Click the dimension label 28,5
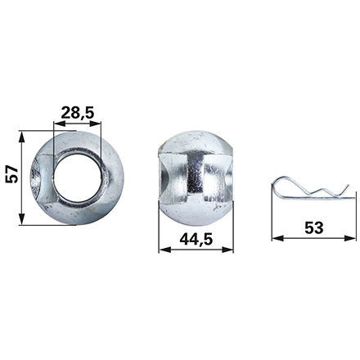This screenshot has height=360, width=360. click(x=78, y=113)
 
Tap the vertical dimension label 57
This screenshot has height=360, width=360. click(x=12, y=174)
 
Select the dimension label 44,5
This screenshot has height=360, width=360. click(x=196, y=240)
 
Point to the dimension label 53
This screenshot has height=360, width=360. click(x=314, y=227)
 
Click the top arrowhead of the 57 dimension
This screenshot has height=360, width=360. click(x=21, y=137)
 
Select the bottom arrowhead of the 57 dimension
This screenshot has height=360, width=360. click(x=21, y=219)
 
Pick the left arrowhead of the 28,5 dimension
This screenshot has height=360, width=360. click(x=60, y=124)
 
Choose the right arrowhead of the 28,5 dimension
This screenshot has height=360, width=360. click(x=95, y=124)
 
